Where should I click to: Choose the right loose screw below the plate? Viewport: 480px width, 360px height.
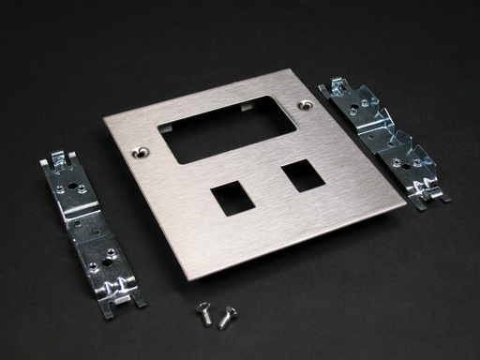click(225, 320)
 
